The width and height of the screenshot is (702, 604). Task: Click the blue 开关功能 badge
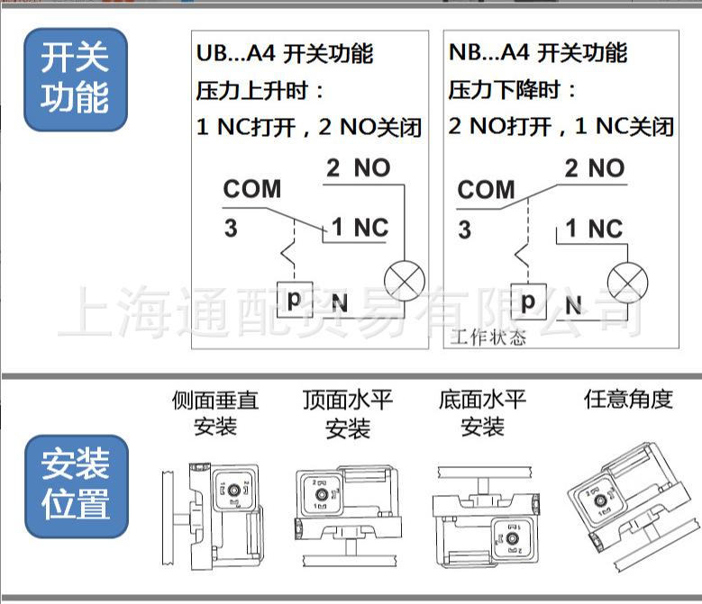click(x=75, y=79)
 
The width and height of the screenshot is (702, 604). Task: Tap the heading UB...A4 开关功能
click(x=284, y=54)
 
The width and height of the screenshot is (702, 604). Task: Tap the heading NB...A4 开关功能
click(x=537, y=53)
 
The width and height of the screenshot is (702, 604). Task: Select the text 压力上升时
click(x=260, y=91)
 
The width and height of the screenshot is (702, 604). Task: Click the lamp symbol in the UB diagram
click(x=404, y=280)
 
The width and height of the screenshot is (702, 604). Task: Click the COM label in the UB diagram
click(x=252, y=190)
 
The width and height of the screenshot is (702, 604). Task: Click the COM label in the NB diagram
click(x=486, y=191)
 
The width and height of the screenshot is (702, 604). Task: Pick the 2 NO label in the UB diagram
click(x=358, y=168)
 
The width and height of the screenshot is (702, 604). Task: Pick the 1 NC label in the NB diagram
click(x=594, y=230)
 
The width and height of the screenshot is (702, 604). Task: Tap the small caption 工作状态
click(x=488, y=338)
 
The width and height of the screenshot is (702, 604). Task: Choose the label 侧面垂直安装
click(x=214, y=412)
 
